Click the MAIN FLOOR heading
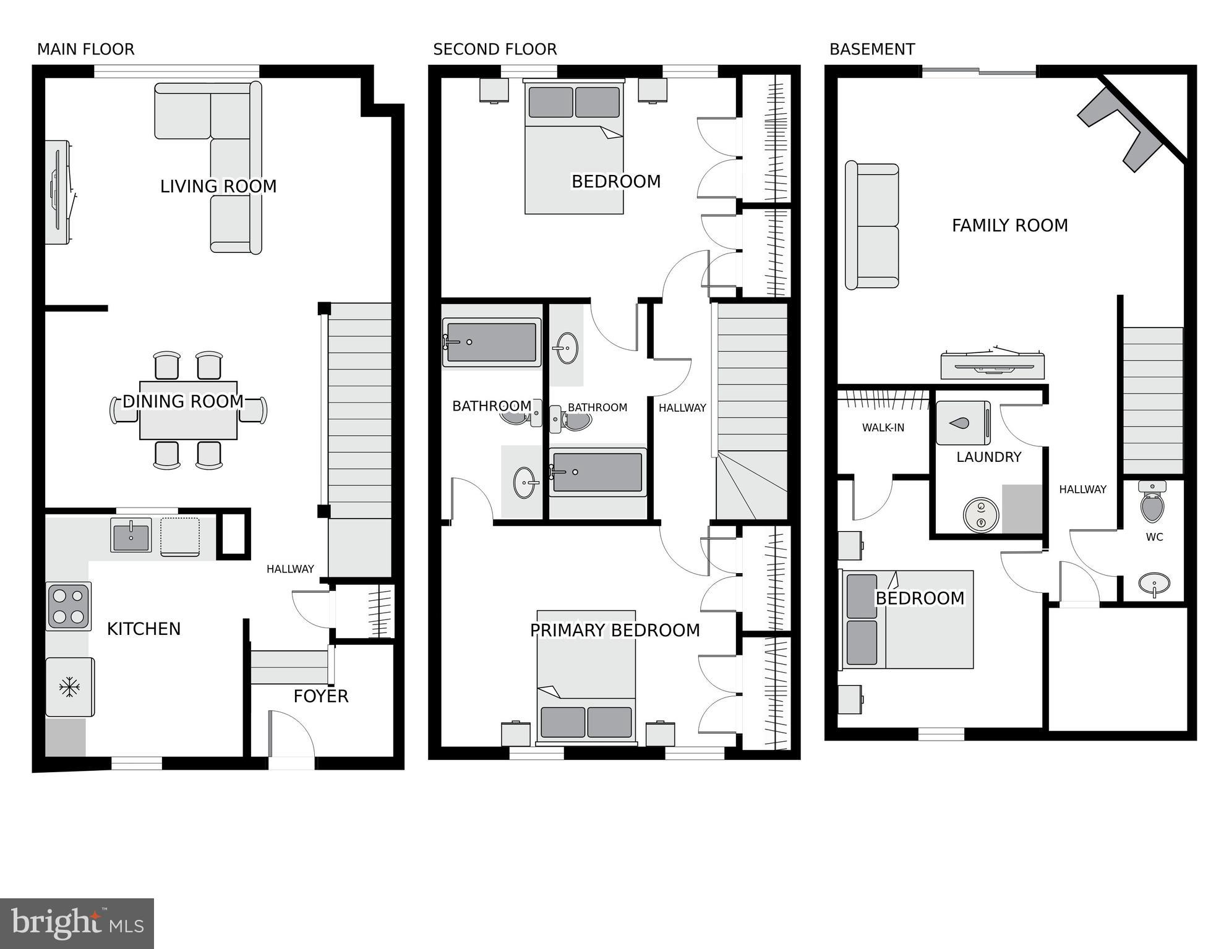(x=85, y=49)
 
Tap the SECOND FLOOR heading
(x=495, y=49)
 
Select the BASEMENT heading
(x=871, y=49)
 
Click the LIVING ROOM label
(x=218, y=186)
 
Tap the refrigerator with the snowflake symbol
(x=70, y=687)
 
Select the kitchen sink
(x=131, y=535)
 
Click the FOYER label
(x=320, y=697)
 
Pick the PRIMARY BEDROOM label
(x=615, y=631)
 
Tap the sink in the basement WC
(x=1154, y=583)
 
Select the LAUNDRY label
(x=988, y=457)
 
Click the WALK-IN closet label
(x=883, y=428)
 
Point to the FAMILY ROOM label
(x=1009, y=226)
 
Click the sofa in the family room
(x=872, y=226)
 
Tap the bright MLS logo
(x=77, y=923)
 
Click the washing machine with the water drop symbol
(x=962, y=423)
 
